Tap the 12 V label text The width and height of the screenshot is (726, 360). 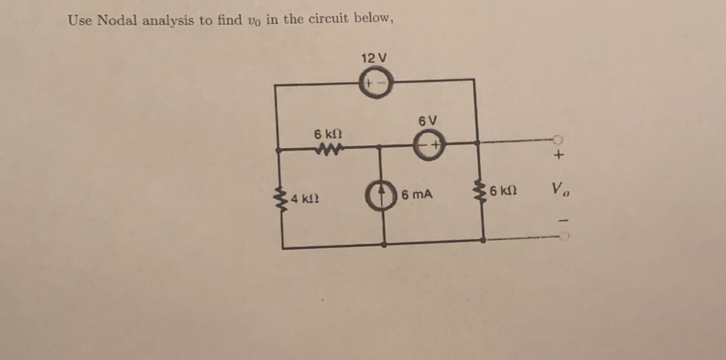click(374, 58)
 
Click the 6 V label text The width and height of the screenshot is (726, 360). click(428, 121)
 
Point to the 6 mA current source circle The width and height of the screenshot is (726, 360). click(381, 195)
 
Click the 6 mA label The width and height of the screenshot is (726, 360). click(417, 194)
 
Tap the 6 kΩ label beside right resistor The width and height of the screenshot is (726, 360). click(503, 191)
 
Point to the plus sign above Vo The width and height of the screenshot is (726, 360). click(559, 155)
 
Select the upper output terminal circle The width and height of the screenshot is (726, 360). click(558, 139)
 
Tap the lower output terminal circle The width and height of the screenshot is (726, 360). click(564, 236)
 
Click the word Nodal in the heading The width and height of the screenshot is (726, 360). click(117, 20)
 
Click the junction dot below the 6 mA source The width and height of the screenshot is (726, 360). click(384, 244)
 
